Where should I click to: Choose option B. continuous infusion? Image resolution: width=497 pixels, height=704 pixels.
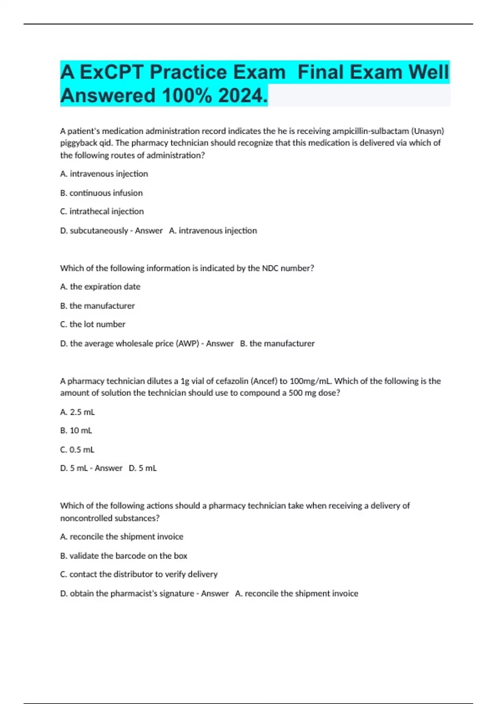point(101,193)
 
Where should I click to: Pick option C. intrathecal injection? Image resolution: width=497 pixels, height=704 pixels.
point(102,212)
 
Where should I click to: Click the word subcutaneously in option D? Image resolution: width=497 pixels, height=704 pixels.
point(99,231)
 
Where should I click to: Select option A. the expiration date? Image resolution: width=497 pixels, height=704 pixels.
point(100,287)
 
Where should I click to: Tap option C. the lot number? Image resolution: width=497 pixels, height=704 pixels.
point(93,324)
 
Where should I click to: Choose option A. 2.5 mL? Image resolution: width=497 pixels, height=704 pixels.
point(77,412)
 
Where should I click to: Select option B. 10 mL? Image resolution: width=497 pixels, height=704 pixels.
point(76,431)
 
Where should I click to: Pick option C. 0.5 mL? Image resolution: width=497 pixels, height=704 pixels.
point(77,450)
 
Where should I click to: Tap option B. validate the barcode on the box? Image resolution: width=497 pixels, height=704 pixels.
point(124,556)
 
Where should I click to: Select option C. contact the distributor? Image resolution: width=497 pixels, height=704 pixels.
point(139,574)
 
